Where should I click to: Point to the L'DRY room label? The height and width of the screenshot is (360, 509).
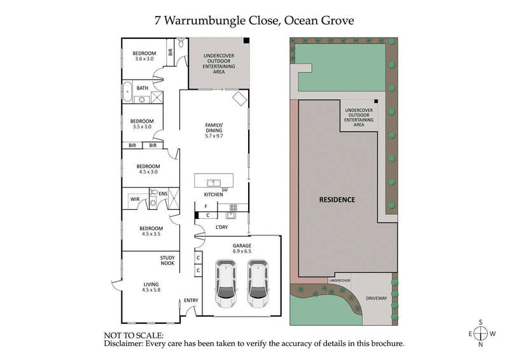click(221, 227)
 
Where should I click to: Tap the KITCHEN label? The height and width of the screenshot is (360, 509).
click(213, 193)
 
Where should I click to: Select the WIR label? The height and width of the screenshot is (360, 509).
click(135, 199)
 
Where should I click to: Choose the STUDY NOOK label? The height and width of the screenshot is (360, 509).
click(167, 260)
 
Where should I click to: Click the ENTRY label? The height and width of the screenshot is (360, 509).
click(191, 301)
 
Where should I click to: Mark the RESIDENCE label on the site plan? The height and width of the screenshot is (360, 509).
click(337, 199)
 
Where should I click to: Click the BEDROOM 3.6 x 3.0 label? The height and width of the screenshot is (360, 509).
click(144, 56)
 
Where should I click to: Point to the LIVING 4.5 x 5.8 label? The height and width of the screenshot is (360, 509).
click(151, 287)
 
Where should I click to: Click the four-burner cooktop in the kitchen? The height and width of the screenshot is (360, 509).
click(233, 207)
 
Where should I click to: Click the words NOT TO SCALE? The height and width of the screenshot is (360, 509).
click(133, 335)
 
